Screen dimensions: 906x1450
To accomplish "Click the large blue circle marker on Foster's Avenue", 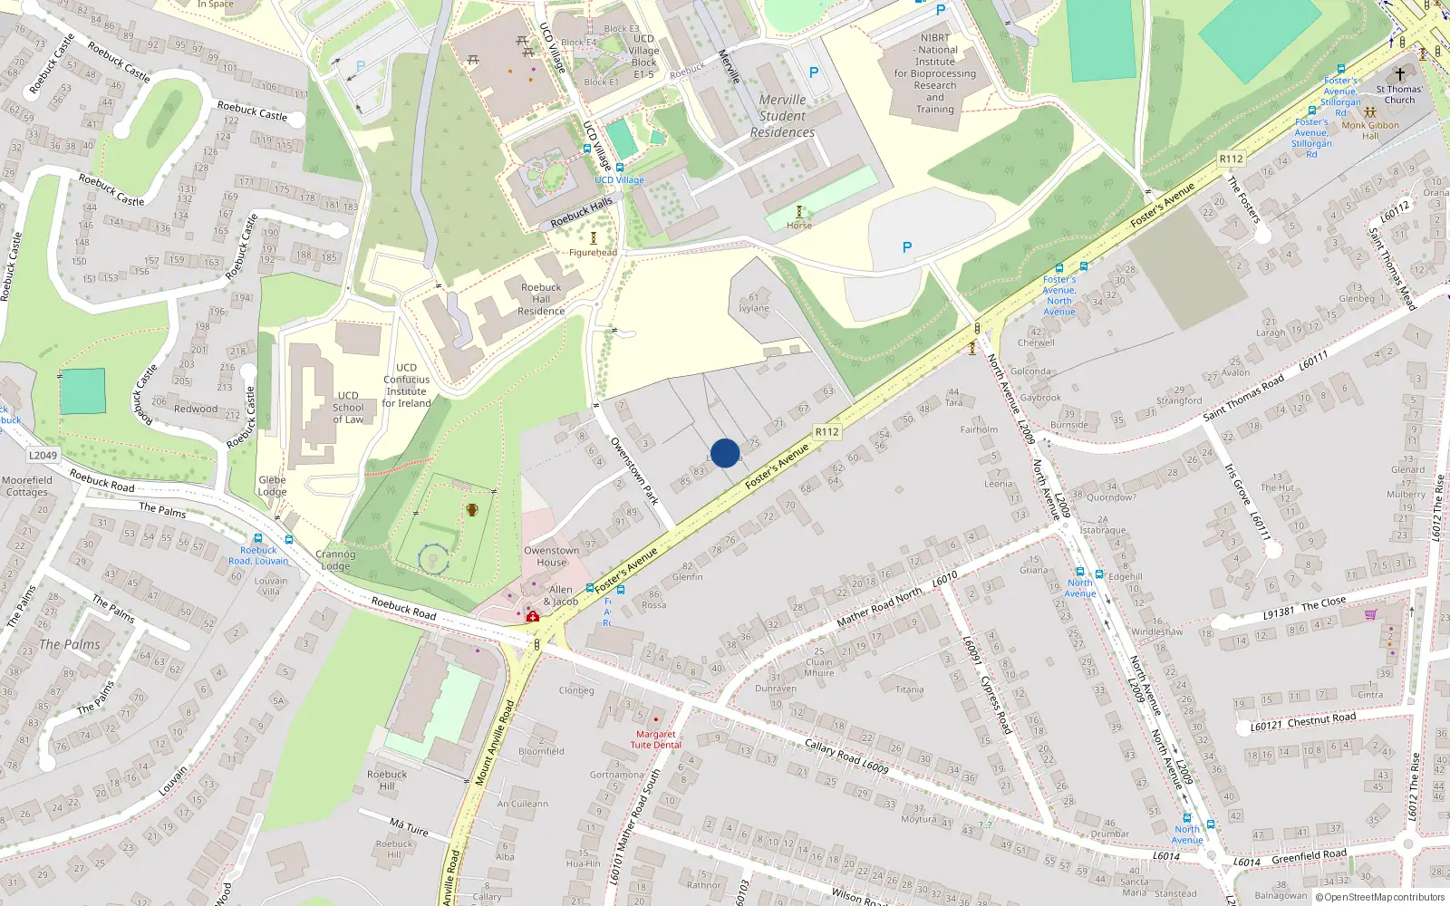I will point(725,453).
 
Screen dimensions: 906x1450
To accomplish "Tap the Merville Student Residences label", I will point(782,116).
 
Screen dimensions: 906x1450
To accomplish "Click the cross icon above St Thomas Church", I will point(1399,74).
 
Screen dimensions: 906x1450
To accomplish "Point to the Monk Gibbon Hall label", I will point(1370,130).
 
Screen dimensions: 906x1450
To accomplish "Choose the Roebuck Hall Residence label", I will point(541,299).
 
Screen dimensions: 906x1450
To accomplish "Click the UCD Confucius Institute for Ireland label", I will point(406,386).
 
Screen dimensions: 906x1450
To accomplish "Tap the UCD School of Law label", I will point(348,408).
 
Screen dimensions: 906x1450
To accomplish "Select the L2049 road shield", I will point(43,456).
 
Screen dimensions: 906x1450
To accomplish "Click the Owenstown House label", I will point(551,556).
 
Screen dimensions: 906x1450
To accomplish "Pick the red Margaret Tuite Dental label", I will point(655,739).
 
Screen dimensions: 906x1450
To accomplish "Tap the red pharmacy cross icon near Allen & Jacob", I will point(533,617).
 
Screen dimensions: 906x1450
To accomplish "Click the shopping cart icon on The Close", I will point(1370,614).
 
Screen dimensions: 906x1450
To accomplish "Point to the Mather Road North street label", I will point(879,607).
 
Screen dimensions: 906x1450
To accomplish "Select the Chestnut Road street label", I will point(1321,720).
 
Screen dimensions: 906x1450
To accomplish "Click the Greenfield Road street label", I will point(1309,856).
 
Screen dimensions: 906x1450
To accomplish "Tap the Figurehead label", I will point(594,253).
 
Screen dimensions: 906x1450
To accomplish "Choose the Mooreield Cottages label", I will point(27,487).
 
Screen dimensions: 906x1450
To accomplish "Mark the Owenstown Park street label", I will point(633,471).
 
